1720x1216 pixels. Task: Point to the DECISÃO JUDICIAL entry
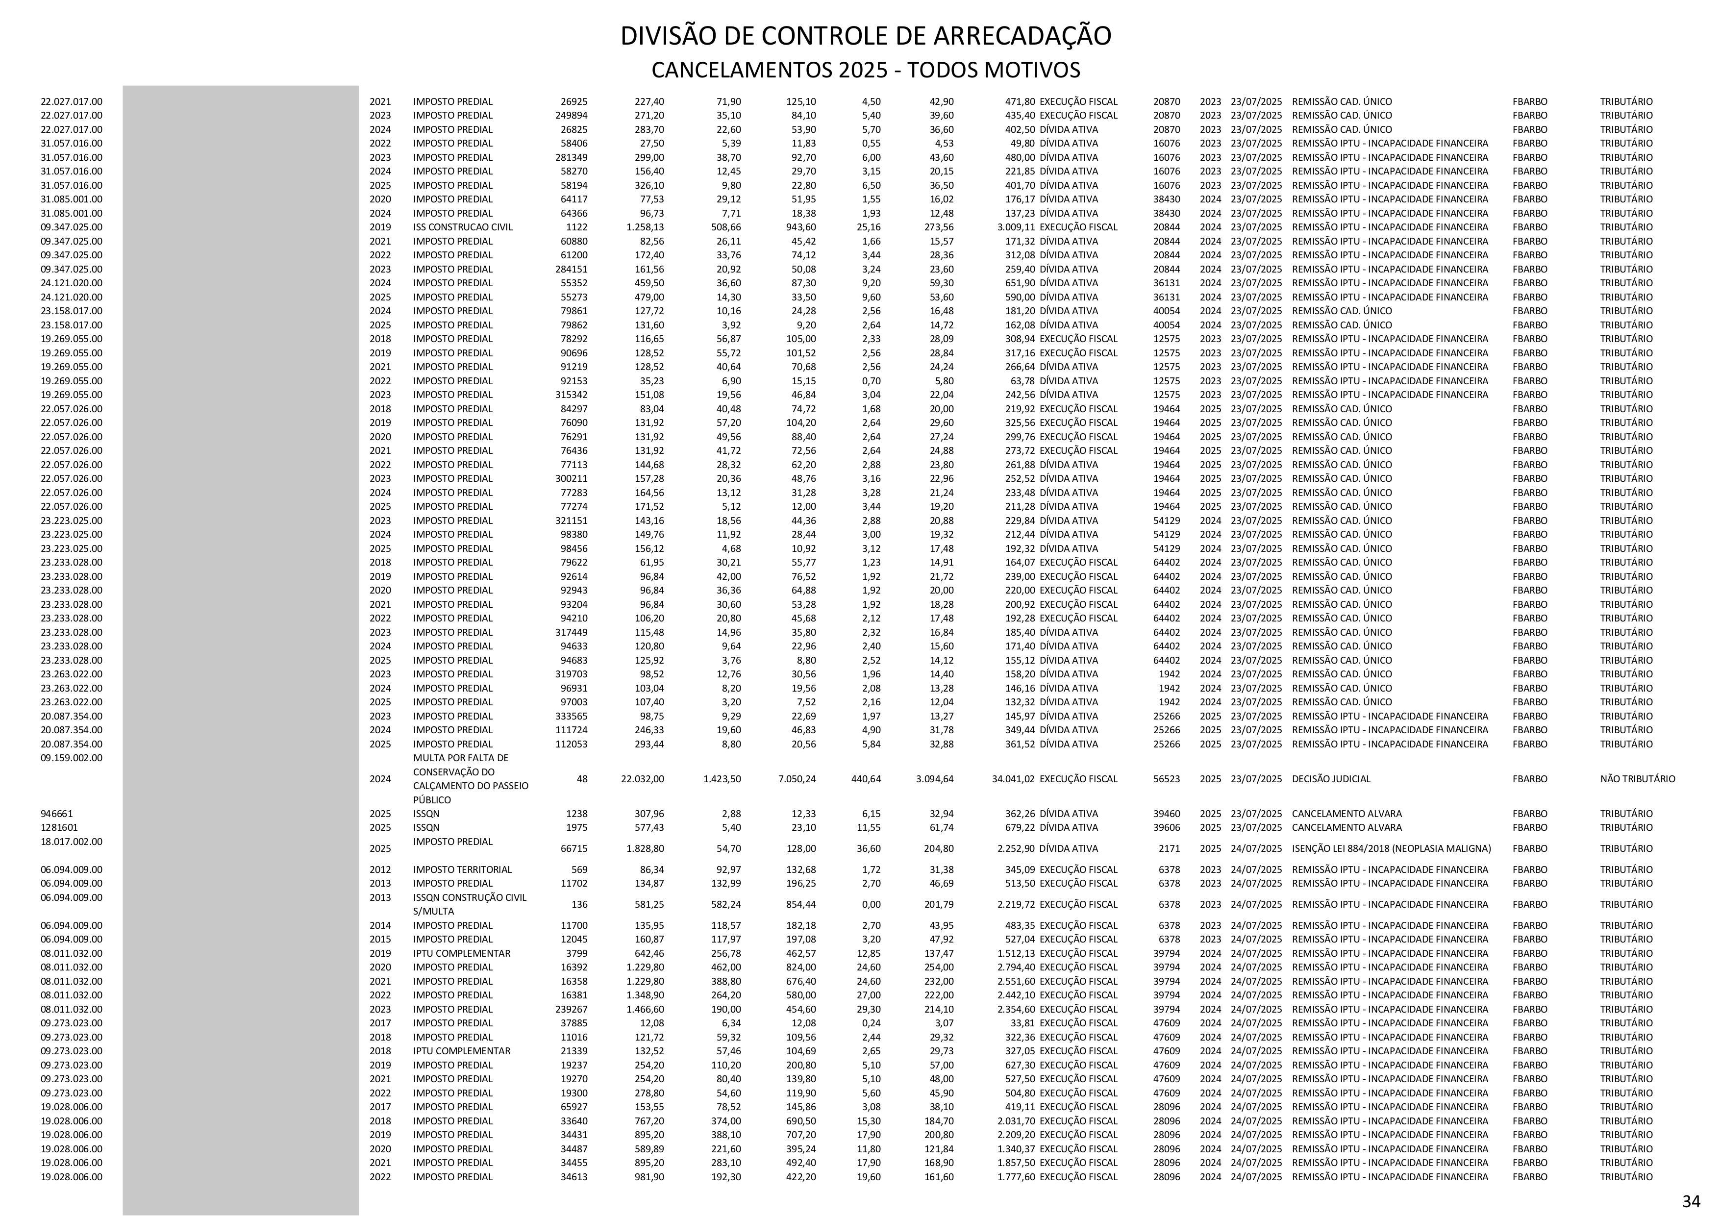tap(1330, 778)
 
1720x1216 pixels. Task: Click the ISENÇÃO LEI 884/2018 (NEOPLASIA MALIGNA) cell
tap(1391, 848)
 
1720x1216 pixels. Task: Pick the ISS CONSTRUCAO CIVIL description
tap(462, 227)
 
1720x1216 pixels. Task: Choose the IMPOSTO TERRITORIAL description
tap(462, 869)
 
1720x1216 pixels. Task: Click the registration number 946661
tap(56, 813)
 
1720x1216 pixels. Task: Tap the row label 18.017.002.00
tap(71, 842)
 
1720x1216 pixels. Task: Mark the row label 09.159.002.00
tap(71, 757)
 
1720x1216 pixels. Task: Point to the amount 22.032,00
tap(642, 778)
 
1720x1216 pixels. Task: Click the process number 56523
tap(1167, 778)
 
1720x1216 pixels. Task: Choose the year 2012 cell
tap(380, 869)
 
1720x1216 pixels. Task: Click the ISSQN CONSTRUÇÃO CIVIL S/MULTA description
tap(470, 904)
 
